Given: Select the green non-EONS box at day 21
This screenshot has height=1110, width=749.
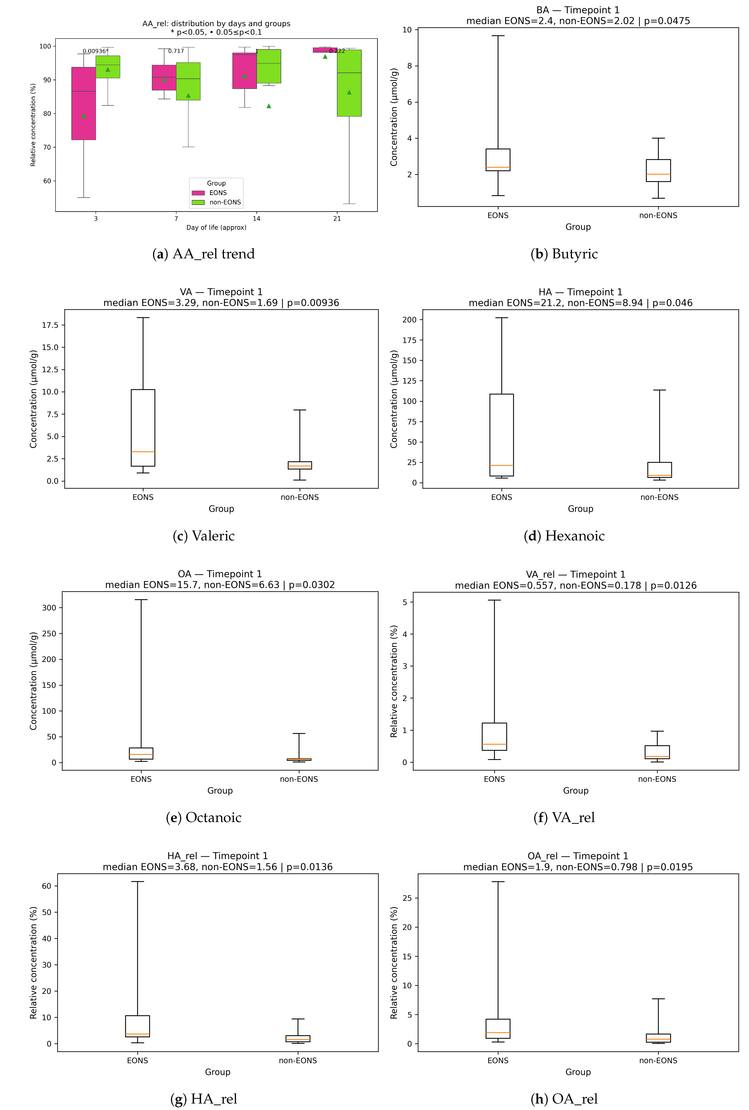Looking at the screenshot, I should pos(349,83).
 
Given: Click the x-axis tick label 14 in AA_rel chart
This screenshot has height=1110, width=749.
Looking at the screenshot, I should pos(256,219).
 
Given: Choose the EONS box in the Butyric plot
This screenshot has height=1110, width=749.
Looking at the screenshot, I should pos(498,160).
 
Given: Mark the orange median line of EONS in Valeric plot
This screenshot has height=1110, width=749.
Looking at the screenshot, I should pos(143,451).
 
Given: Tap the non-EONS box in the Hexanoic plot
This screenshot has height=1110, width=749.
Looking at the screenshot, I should pos(659,469).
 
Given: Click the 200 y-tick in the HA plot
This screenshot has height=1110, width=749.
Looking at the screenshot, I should pos(410,320).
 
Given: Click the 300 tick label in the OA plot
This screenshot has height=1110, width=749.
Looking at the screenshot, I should pos(49,608).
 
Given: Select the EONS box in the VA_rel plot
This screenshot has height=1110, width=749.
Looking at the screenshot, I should pos(494,737).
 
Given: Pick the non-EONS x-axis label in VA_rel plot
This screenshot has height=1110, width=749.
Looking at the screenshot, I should pos(657,779).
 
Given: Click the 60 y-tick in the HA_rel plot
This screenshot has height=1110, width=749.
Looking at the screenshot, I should pos(46,886).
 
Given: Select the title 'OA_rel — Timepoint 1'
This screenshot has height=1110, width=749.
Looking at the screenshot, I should pos(578,856).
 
